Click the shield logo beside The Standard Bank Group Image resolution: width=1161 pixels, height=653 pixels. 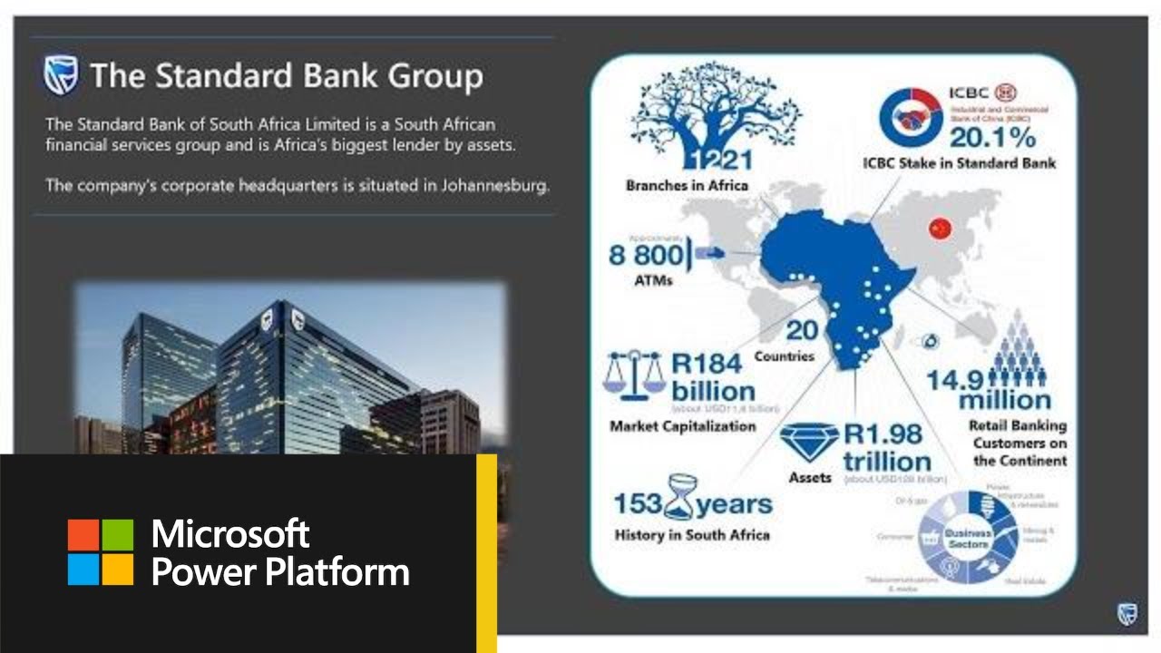[60, 75]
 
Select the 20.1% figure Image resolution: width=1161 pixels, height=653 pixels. [992, 137]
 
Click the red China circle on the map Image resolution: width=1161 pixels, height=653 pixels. [939, 229]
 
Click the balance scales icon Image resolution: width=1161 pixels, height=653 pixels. [634, 375]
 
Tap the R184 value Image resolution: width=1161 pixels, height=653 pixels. [706, 365]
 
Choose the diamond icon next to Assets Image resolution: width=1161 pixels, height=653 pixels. [810, 443]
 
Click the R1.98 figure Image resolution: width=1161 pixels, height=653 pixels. [883, 434]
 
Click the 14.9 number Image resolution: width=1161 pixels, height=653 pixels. [954, 379]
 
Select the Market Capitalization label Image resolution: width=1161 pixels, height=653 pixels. [682, 425]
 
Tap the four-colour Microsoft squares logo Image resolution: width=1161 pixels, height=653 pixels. [101, 551]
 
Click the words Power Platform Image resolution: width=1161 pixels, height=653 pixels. [279, 572]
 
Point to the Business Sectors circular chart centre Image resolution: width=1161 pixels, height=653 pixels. [968, 539]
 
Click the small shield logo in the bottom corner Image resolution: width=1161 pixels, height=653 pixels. [1127, 613]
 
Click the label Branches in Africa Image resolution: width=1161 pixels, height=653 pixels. [687, 186]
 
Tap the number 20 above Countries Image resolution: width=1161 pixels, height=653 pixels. [803, 330]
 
